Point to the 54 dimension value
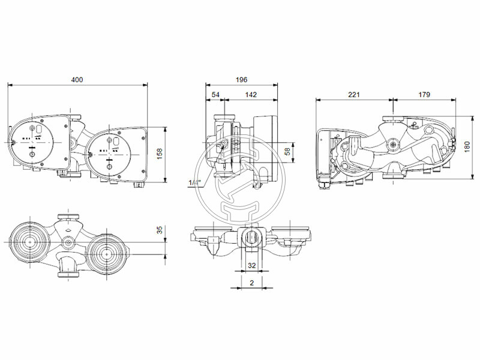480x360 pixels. pos(215,95)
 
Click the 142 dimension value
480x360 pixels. pos(251,95)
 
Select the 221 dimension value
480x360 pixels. pos(354,95)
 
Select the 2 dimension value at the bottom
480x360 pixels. pos(251,282)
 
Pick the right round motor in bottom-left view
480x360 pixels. pos(107,253)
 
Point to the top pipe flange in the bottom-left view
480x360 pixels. pos(67,217)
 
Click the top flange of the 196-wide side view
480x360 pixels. pos(226,117)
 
